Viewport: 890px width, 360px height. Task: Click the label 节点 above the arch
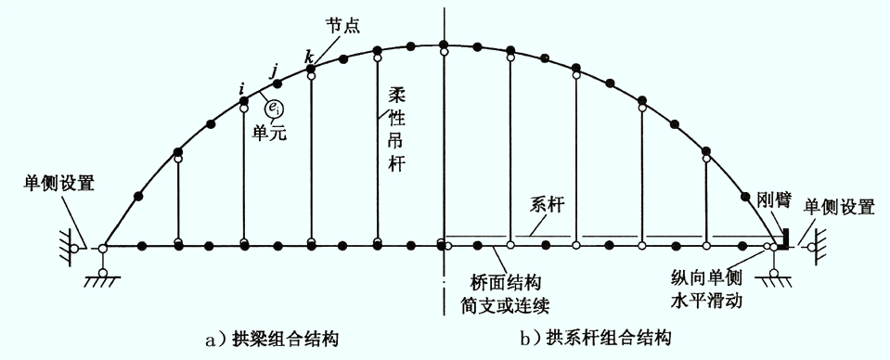pyautogui.click(x=343, y=26)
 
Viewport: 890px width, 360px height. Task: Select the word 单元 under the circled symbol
pyautogui.click(x=269, y=133)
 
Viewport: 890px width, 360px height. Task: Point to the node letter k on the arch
pyautogui.click(x=309, y=58)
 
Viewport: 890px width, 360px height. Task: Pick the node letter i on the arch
pyautogui.click(x=242, y=88)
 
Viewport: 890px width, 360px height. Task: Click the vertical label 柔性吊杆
pyautogui.click(x=395, y=128)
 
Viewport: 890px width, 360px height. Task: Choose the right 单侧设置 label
pyautogui.click(x=838, y=207)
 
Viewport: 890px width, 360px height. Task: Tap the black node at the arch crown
pyautogui.click(x=444, y=45)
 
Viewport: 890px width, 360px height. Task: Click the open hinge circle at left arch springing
pyautogui.click(x=103, y=248)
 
